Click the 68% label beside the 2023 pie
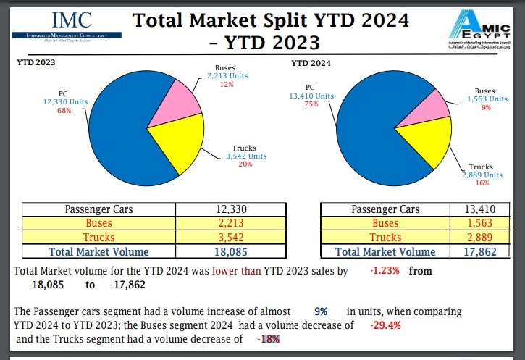64,110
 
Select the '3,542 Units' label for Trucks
247,156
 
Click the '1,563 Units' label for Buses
486,99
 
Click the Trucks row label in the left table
98,238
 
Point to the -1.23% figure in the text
384,271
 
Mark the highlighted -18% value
268,339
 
